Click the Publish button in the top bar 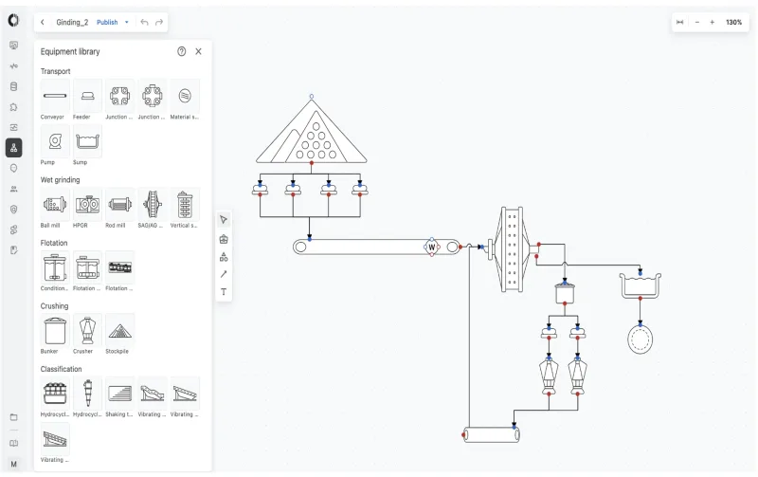pyautogui.click(x=107, y=22)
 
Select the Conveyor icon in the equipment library pyautogui.click(x=55, y=96)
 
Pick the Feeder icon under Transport pyautogui.click(x=87, y=96)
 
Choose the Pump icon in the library pyautogui.click(x=55, y=141)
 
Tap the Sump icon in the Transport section pyautogui.click(x=87, y=141)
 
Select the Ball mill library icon pyautogui.click(x=55, y=204)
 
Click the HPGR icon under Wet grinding pyautogui.click(x=87, y=204)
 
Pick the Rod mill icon pyautogui.click(x=119, y=204)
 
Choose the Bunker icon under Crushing pyautogui.click(x=55, y=330)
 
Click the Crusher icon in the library pyautogui.click(x=87, y=330)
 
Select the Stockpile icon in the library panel pyautogui.click(x=119, y=330)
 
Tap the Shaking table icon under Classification pyautogui.click(x=119, y=393)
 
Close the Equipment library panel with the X pyautogui.click(x=198, y=51)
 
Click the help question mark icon pyautogui.click(x=182, y=51)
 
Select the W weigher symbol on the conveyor pyautogui.click(x=432, y=248)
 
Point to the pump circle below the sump pyautogui.click(x=641, y=339)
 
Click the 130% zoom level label pyautogui.click(x=734, y=22)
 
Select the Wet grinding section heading pyautogui.click(x=60, y=179)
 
